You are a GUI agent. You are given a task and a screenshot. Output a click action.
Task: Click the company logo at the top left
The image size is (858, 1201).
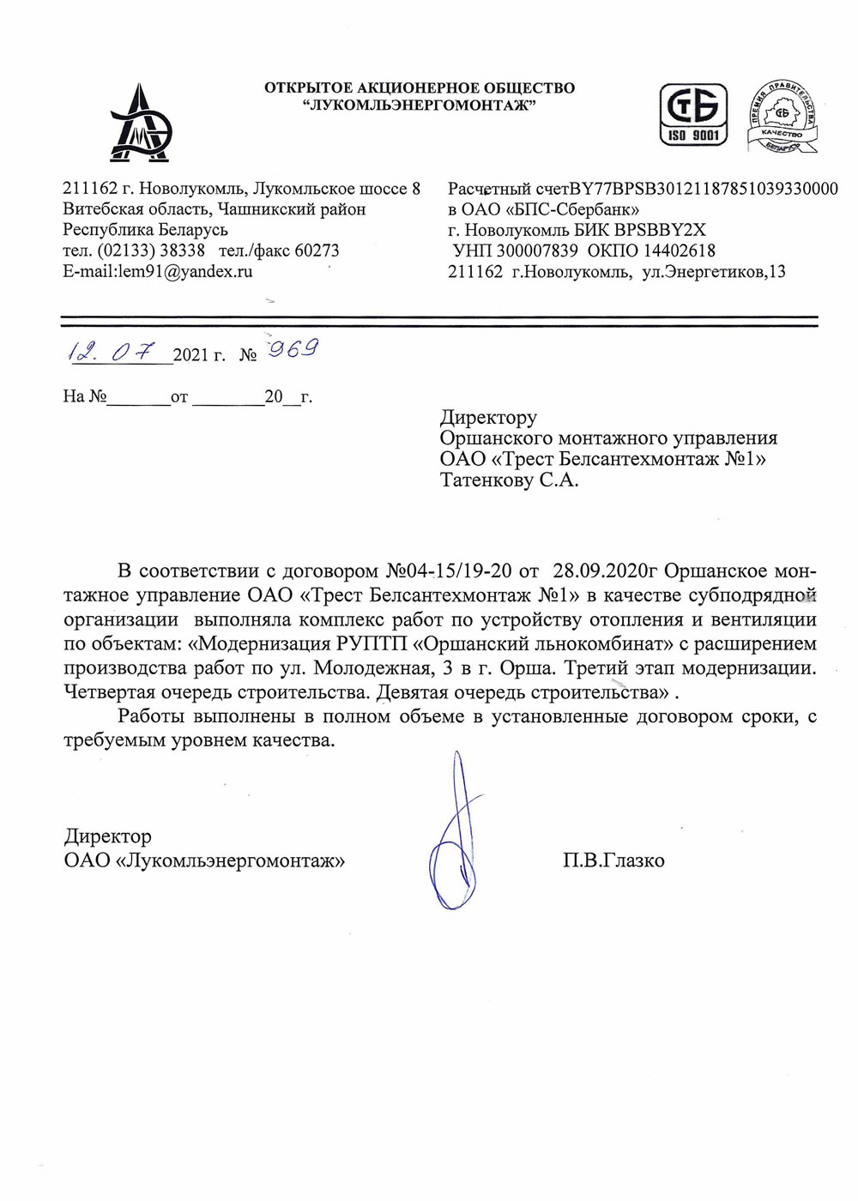pos(140,125)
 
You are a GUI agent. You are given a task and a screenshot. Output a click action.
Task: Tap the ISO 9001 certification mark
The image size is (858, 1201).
pos(693,114)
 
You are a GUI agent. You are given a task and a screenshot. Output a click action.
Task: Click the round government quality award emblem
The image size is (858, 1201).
pos(782,117)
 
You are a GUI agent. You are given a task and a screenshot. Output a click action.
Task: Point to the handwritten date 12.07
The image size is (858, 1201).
pos(112,351)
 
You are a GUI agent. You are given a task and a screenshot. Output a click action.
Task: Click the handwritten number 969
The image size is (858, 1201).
pos(293,348)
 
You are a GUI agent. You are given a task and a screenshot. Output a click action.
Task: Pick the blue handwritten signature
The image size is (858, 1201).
pos(454,836)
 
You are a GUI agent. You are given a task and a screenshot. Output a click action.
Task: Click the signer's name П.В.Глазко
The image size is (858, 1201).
pos(613,860)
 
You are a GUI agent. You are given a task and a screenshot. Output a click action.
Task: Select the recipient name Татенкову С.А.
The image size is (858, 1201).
pos(509,480)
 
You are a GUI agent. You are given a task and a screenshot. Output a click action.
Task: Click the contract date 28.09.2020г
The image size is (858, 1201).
pos(605,571)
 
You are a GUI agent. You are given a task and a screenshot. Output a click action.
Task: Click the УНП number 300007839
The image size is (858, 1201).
pos(537,250)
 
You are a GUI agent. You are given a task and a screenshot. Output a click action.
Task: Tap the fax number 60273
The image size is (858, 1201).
pos(317,250)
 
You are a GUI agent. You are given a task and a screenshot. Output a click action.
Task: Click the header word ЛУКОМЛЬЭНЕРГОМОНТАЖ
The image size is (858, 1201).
pos(420,106)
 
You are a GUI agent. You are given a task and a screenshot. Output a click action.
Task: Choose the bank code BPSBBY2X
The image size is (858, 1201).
pos(660,230)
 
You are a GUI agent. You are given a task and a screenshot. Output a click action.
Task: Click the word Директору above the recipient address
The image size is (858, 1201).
pos(488,418)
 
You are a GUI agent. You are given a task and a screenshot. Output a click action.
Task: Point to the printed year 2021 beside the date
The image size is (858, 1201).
pos(191,355)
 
